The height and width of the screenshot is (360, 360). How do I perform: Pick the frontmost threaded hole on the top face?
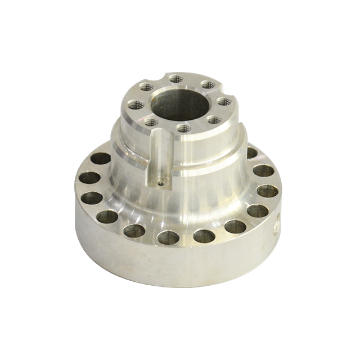pyautogui.click(x=181, y=128)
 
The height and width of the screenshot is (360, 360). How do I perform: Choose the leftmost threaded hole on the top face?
pyautogui.click(x=135, y=103)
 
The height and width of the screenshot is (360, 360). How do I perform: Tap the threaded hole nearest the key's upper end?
pyautogui.click(x=150, y=120)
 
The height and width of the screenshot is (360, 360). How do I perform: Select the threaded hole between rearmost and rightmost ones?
pyautogui.click(x=206, y=84)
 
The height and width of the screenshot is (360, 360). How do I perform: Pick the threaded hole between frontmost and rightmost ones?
pyautogui.click(x=212, y=119)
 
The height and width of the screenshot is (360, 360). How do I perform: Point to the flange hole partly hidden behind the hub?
pyautogui.click(x=251, y=153)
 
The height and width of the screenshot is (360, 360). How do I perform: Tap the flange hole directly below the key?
pyautogui.click(x=168, y=237)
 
